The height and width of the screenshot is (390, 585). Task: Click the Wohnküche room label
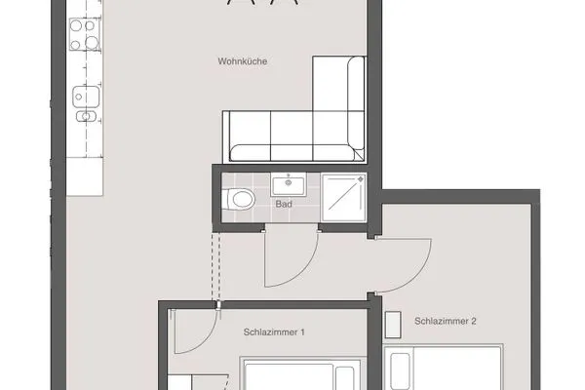pos(243,61)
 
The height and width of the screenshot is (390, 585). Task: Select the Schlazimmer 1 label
pos(274,332)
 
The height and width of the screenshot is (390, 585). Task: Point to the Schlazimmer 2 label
pos(445,321)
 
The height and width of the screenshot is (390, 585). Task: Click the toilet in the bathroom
pos(238,198)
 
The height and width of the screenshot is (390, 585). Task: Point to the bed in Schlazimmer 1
pos(292,375)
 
